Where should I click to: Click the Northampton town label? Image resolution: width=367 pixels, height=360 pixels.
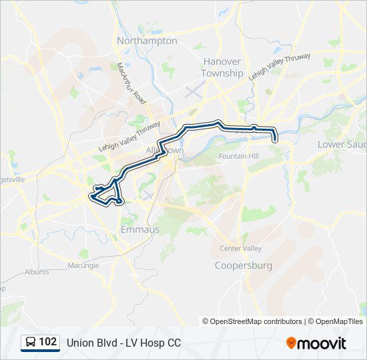pos(147,41)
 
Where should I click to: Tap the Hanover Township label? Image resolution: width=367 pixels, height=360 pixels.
pos(222,67)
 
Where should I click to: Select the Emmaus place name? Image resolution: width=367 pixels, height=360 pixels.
pos(140,229)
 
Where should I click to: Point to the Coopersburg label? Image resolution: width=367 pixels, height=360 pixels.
pos(244,265)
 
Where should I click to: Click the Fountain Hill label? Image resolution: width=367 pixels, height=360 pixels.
pos(238,157)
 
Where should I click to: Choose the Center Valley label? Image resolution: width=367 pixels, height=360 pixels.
pos(241,249)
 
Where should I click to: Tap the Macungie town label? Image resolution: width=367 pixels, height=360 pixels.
pos(83,265)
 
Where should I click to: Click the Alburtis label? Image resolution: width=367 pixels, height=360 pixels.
pos(37,272)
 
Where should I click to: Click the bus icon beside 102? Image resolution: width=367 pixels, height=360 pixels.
pos(30,342)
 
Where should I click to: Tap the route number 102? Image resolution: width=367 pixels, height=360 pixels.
pos(48,342)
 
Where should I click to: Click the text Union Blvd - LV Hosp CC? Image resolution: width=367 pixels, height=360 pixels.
pos(123,343)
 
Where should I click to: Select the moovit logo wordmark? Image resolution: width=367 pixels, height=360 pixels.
pos(322,343)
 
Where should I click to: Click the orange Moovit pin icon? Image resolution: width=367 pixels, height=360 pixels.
pos(291,343)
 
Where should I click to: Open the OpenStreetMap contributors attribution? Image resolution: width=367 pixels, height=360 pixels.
pos(256,321)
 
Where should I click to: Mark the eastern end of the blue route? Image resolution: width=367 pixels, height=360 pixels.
pos(274,138)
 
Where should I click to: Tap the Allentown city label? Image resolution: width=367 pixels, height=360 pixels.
pos(164,151)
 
